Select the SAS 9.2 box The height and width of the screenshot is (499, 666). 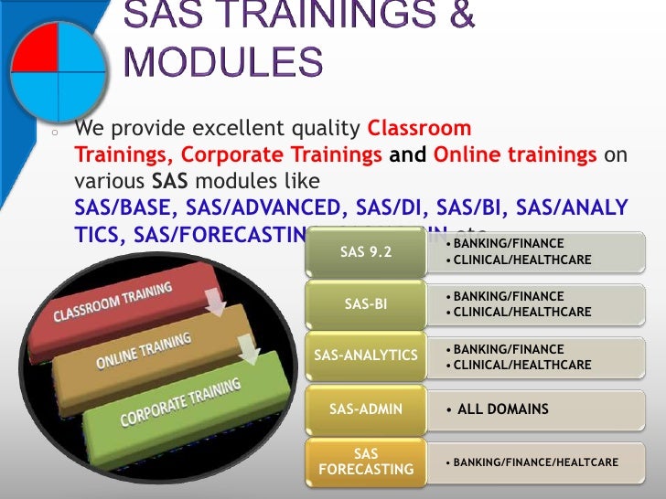[366, 252]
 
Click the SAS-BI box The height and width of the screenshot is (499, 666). [366, 304]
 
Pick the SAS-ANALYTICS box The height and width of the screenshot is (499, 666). [366, 356]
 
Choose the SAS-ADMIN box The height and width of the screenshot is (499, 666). [366, 409]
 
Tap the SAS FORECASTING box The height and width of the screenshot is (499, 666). [366, 462]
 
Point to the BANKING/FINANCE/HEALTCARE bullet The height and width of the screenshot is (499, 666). [531, 462]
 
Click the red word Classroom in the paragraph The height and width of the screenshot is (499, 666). [419, 128]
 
